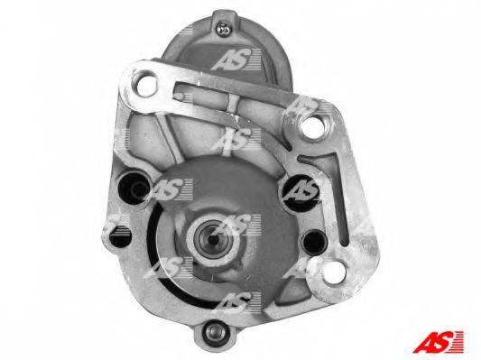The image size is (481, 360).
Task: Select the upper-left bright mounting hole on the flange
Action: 143,83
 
